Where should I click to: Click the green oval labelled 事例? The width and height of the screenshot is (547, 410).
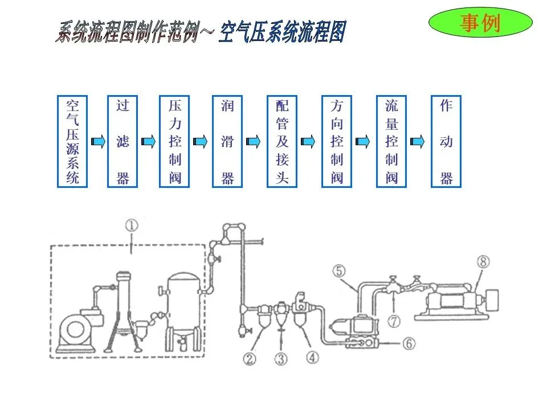[480, 23]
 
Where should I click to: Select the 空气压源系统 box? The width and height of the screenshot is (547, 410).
[73, 141]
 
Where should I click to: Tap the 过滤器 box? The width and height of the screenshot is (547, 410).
[123, 141]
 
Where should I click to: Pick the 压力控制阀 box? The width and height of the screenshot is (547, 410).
[175, 141]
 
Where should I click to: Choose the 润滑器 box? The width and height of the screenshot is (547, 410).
[227, 141]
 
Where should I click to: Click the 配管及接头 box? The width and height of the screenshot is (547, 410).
[283, 141]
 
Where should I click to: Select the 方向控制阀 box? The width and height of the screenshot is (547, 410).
[337, 141]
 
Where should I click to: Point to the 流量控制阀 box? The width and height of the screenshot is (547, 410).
[391, 141]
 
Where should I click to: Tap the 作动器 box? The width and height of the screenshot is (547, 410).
[446, 141]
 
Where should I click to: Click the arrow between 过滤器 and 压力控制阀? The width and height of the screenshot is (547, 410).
[149, 141]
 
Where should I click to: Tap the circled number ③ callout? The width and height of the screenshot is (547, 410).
[281, 359]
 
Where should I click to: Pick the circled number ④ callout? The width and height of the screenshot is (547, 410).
[313, 357]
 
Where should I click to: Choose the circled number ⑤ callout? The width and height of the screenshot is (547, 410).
[339, 272]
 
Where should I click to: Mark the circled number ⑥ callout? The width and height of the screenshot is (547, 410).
[410, 343]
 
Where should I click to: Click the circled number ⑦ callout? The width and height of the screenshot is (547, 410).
[394, 321]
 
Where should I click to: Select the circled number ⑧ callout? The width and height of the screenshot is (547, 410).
[483, 262]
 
